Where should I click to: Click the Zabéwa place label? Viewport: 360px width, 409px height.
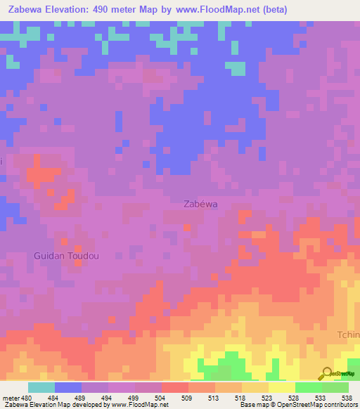click(x=200, y=204)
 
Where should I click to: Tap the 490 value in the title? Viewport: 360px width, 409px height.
click(x=112, y=10)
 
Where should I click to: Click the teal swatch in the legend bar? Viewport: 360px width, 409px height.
click(x=41, y=387)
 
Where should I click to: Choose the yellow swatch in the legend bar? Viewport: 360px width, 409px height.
click(x=282, y=387)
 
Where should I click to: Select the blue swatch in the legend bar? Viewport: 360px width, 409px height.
click(x=68, y=387)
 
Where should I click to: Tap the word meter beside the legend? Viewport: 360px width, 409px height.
click(x=10, y=397)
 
